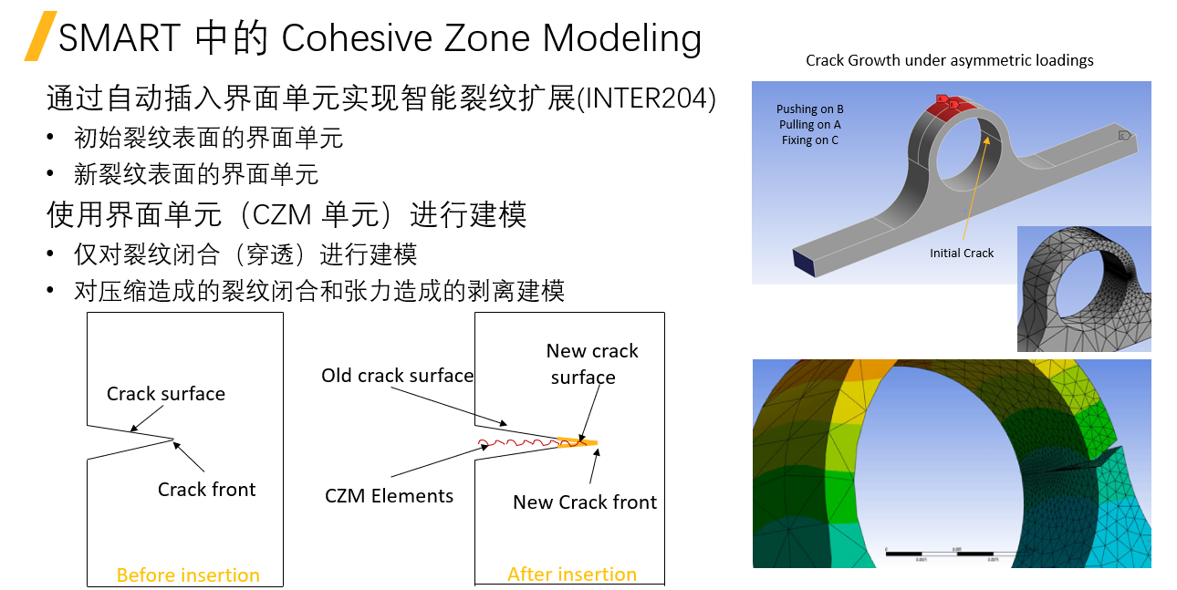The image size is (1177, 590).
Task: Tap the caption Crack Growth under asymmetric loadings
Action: [949, 61]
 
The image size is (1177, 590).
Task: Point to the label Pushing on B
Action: [809, 109]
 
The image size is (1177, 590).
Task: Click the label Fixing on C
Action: [809, 140]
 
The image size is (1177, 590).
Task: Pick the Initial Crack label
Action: [962, 253]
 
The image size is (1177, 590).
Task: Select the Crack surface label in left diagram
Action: [165, 394]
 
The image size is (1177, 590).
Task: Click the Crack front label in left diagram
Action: [206, 490]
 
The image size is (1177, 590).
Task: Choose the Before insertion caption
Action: [188, 575]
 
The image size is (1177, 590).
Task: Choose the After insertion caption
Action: [572, 574]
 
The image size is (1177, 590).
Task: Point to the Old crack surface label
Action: [397, 376]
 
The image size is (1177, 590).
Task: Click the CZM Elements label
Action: [389, 496]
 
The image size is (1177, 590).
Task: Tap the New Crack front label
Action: [585, 502]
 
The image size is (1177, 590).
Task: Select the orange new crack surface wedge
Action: [577, 443]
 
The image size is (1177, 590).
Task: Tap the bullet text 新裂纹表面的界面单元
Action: [195, 173]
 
